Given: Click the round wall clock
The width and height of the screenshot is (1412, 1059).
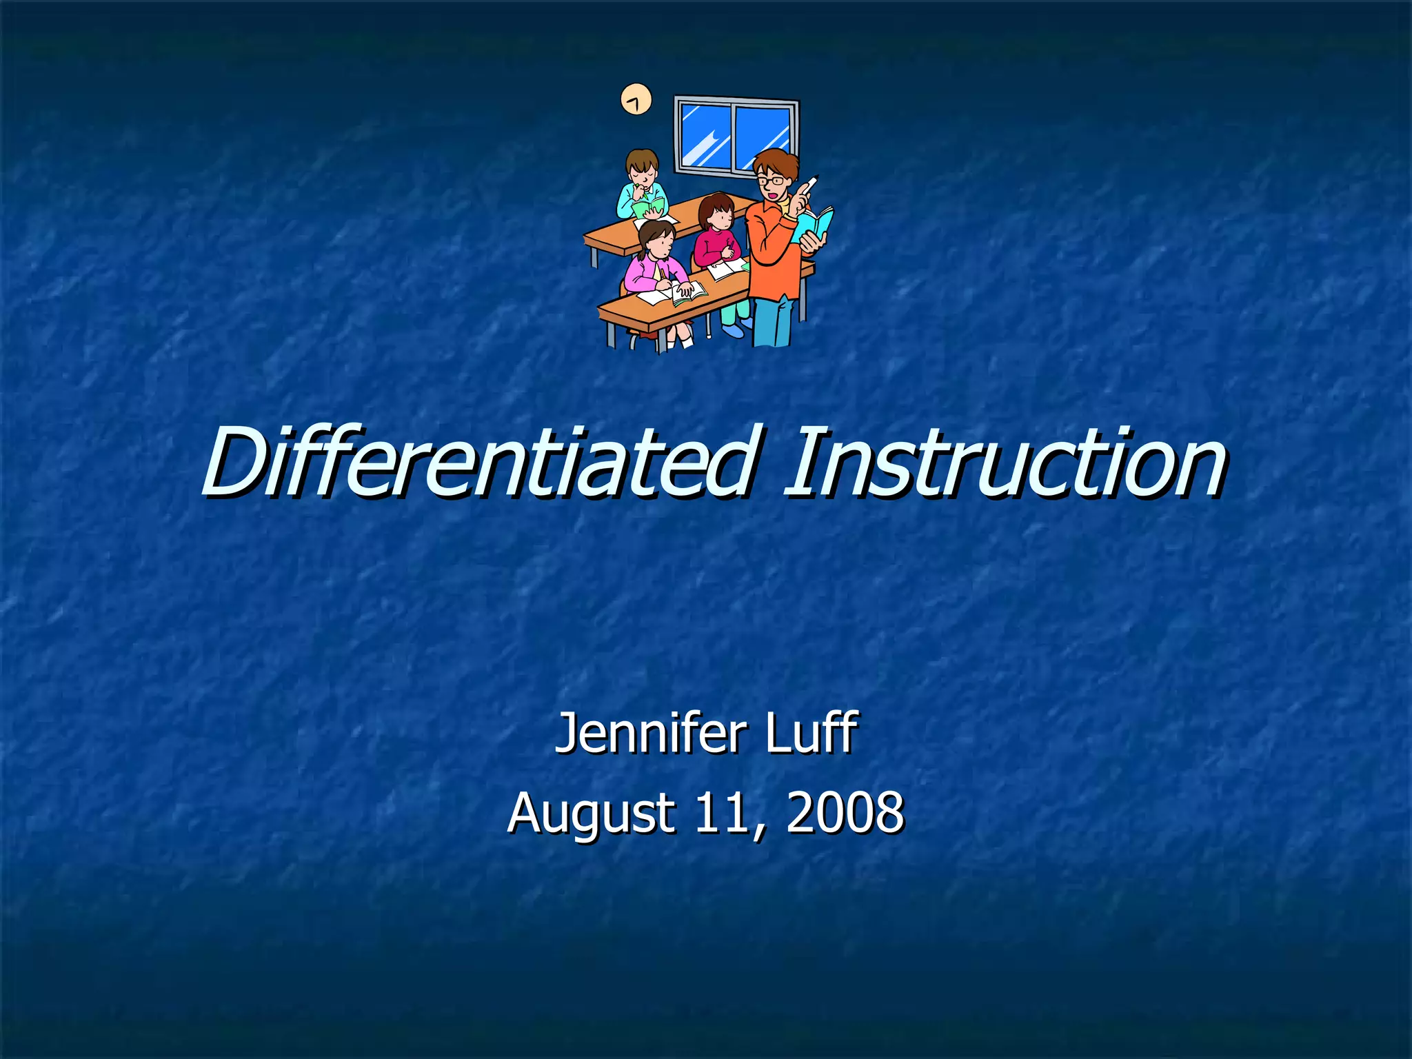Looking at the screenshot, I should coord(636,99).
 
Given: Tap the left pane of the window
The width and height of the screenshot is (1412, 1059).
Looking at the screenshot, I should coord(705,135).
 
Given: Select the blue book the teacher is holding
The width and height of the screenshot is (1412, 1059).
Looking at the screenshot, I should coord(815,224).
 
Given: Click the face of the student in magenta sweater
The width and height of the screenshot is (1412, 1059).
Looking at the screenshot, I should coord(720,218).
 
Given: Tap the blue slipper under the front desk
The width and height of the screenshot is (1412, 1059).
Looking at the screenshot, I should coord(735,330).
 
